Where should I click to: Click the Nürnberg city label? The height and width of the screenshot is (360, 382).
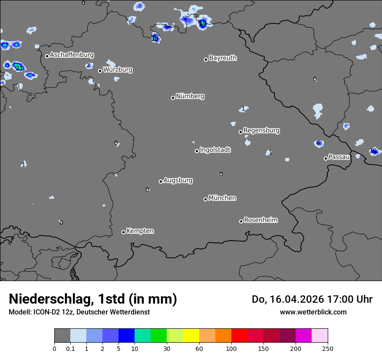click(x=190, y=96)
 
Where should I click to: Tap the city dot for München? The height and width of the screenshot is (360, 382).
click(x=205, y=199)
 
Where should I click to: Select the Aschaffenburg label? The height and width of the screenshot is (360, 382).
click(x=72, y=55)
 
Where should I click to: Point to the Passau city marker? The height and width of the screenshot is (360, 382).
click(x=326, y=158)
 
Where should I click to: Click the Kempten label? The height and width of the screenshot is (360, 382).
click(x=140, y=231)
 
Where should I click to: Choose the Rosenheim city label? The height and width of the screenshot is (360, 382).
click(x=260, y=220)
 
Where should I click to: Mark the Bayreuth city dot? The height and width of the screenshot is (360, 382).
click(x=206, y=59)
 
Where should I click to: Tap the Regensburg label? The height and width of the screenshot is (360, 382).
click(x=261, y=131)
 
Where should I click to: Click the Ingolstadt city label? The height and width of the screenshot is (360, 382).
click(x=215, y=150)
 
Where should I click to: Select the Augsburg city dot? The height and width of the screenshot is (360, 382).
click(x=161, y=181)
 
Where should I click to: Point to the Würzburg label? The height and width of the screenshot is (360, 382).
click(x=118, y=69)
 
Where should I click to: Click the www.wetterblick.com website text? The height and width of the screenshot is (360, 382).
click(x=313, y=312)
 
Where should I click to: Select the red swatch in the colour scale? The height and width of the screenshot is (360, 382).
click(x=239, y=336)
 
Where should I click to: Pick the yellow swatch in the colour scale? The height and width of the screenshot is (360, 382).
click(x=191, y=336)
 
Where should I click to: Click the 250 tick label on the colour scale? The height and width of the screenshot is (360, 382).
click(x=328, y=348)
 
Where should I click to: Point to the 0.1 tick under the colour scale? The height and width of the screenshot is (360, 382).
click(x=70, y=348)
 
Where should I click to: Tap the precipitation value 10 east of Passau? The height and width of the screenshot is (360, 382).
click(x=373, y=151)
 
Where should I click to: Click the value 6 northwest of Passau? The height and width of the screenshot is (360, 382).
click(x=318, y=143)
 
